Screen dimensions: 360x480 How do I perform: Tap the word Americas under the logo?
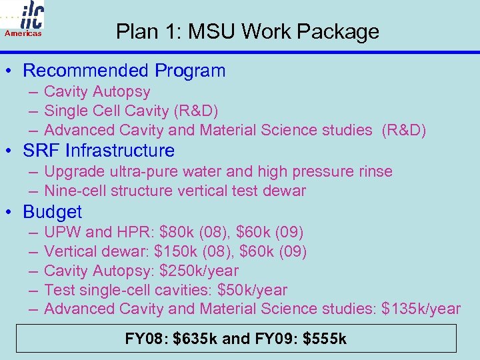[23, 33]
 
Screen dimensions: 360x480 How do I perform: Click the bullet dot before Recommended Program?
[11, 71]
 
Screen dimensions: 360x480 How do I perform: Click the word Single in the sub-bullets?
[66, 111]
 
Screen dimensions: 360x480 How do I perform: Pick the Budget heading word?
[52, 212]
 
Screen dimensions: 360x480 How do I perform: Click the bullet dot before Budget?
[11, 212]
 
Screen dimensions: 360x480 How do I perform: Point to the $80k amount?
[179, 233]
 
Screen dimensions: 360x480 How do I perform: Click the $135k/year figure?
[421, 309]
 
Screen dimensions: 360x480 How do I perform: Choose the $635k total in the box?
[195, 339]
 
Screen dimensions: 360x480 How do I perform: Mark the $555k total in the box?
[325, 339]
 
